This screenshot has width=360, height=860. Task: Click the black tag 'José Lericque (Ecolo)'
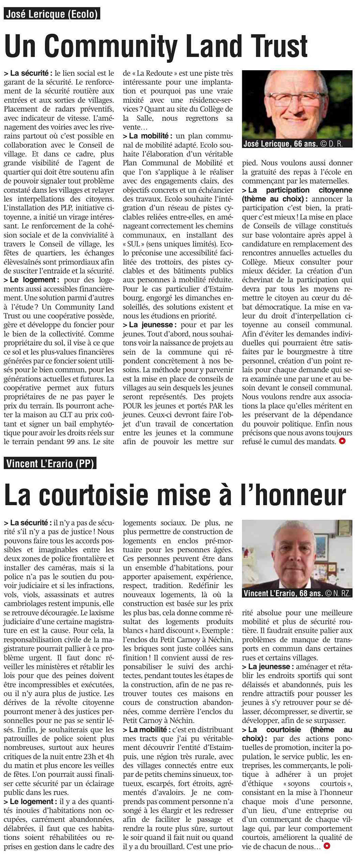pos(52,14)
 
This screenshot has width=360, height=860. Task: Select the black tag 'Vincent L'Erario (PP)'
pos(50,463)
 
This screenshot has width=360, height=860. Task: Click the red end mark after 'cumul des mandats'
pos(342,442)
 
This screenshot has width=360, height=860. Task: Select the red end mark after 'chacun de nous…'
pos(327,846)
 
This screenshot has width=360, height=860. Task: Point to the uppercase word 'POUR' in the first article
pos(132,406)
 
